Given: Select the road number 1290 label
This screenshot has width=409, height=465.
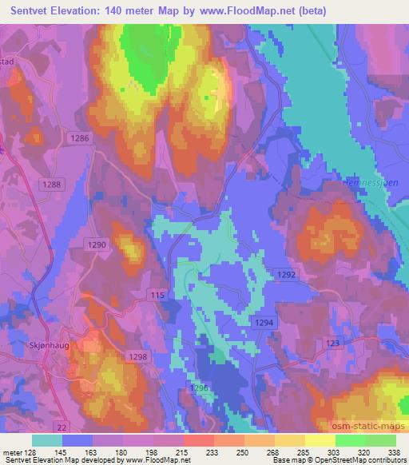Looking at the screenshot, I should click(x=95, y=244).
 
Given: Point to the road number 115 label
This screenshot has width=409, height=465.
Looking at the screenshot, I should click(x=157, y=296).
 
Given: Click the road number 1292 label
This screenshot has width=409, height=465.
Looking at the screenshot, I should click(x=287, y=274).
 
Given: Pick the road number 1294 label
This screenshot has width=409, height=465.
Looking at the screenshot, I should click(x=264, y=321).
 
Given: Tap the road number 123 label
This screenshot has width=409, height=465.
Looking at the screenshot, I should click(x=332, y=342).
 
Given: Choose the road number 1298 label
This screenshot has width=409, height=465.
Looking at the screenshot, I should click(x=138, y=357).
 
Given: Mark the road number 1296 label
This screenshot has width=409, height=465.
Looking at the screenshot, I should click(x=199, y=387).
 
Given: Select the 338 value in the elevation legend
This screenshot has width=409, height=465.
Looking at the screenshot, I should click(x=393, y=452).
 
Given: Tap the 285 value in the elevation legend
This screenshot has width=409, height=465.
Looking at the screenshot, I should click(x=302, y=452).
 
